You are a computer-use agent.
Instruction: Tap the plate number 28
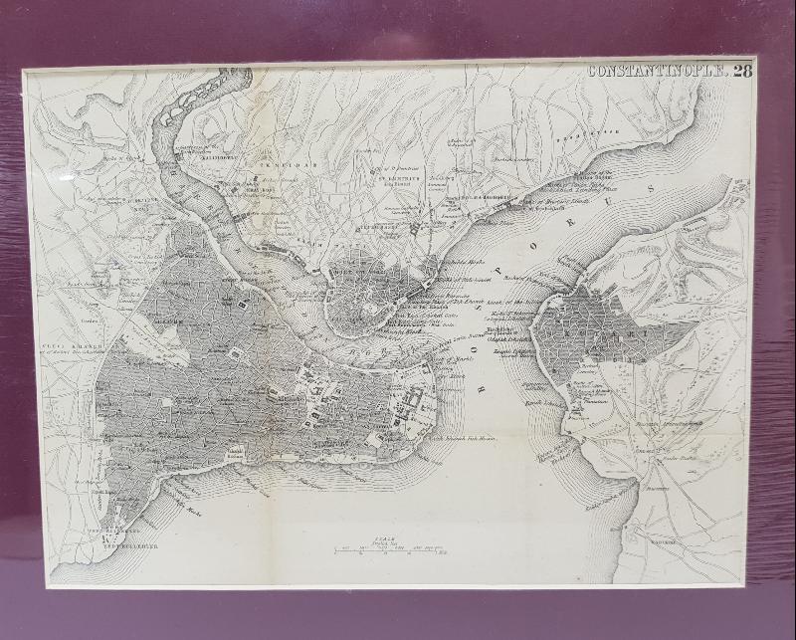[x=743, y=71]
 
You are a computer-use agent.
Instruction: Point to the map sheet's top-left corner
[x=25, y=72]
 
